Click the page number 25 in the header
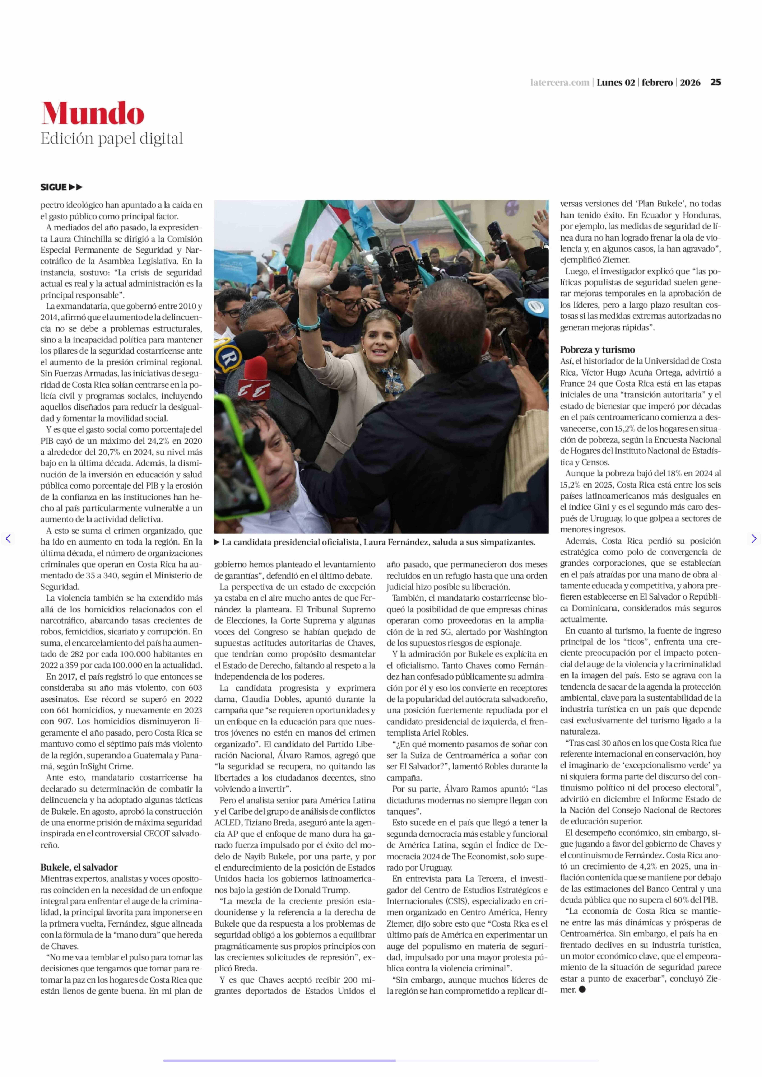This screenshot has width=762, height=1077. pyautogui.click(x=715, y=83)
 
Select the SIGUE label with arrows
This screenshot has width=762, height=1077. pyautogui.click(x=61, y=187)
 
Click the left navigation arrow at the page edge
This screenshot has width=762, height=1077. pyautogui.click(x=8, y=539)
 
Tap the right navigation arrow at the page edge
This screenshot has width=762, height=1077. pyautogui.click(x=754, y=539)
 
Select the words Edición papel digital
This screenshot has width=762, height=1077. pyautogui.click(x=112, y=139)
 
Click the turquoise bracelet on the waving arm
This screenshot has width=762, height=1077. pyautogui.click(x=309, y=323)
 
